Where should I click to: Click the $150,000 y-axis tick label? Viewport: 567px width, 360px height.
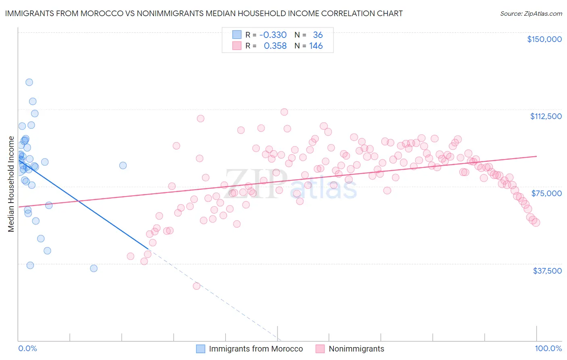544,39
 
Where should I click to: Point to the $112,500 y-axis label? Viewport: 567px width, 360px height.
546,116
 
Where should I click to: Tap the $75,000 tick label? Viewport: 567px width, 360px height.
546,193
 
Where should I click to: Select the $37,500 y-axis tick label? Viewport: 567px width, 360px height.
547,271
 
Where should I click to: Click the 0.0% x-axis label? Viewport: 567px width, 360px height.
27,348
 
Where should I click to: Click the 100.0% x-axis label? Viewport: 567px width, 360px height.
548,348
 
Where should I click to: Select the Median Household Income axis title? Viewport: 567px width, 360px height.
11,184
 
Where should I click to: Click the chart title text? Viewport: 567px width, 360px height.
204,13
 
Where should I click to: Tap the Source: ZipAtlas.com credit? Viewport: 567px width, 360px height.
531,13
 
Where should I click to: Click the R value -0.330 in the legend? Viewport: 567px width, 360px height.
273,35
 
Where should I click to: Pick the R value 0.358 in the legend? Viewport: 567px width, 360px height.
275,46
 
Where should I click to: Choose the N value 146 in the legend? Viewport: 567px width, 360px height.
316,46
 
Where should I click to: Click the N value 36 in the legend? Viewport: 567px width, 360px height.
318,35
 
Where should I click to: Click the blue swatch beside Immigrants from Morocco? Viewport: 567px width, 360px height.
200,349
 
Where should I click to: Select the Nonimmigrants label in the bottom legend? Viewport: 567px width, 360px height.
356,349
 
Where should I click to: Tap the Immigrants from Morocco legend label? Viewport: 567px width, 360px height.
256,349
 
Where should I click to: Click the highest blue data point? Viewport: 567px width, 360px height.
29,82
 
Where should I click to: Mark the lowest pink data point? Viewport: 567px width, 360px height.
196,286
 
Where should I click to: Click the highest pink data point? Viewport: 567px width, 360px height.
284,112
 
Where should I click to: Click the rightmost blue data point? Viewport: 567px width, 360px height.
123,165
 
